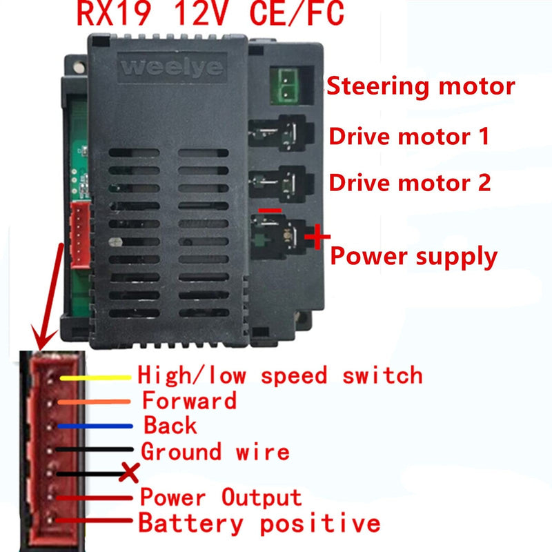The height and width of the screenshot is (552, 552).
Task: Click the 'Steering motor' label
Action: click(x=420, y=87)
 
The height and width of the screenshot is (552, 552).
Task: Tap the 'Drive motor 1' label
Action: click(x=409, y=135)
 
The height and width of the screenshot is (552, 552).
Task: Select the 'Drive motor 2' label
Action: click(x=410, y=183)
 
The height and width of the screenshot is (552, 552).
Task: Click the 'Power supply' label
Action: click(x=414, y=257)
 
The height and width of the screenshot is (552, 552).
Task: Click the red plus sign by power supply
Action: click(x=317, y=239)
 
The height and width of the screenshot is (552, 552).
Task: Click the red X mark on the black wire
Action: click(x=128, y=473)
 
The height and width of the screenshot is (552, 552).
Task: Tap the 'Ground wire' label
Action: click(x=215, y=452)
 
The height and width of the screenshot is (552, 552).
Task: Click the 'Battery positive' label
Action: click(x=259, y=522)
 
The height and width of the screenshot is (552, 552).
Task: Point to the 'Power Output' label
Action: click(x=220, y=497)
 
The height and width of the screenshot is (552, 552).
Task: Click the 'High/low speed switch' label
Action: click(x=279, y=375)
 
